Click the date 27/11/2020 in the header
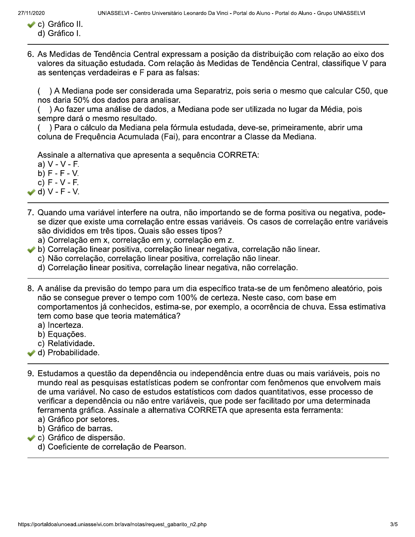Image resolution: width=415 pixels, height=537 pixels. (32, 13)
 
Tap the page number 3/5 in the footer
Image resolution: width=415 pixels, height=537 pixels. (394, 524)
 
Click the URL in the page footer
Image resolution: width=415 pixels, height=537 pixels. (112, 524)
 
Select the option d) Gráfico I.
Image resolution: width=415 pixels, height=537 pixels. (59, 33)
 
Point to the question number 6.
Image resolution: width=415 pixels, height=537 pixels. (31, 54)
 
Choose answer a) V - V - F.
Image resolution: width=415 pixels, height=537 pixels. (58, 164)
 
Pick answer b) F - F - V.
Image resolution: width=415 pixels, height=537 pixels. (58, 174)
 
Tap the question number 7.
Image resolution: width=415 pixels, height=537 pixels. (31, 213)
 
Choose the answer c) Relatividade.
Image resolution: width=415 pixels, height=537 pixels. (66, 343)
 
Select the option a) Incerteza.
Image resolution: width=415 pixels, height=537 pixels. (61, 325)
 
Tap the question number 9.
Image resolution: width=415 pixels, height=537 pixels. (31, 374)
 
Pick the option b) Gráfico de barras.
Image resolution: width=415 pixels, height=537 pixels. (75, 429)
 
